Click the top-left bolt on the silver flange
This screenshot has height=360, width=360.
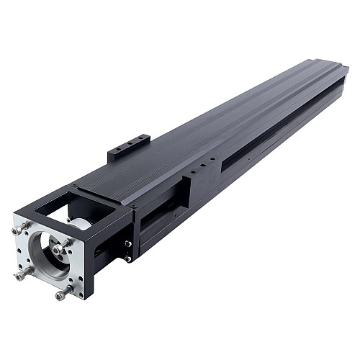[x=24, y=227]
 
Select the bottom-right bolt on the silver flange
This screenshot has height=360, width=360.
[x=66, y=292]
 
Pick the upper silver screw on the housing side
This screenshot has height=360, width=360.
[x=127, y=243]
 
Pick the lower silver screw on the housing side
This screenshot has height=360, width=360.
[x=127, y=258]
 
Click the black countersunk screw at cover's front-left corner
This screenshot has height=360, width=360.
[x=74, y=185]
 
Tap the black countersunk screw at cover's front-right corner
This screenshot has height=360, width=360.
[x=134, y=206]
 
